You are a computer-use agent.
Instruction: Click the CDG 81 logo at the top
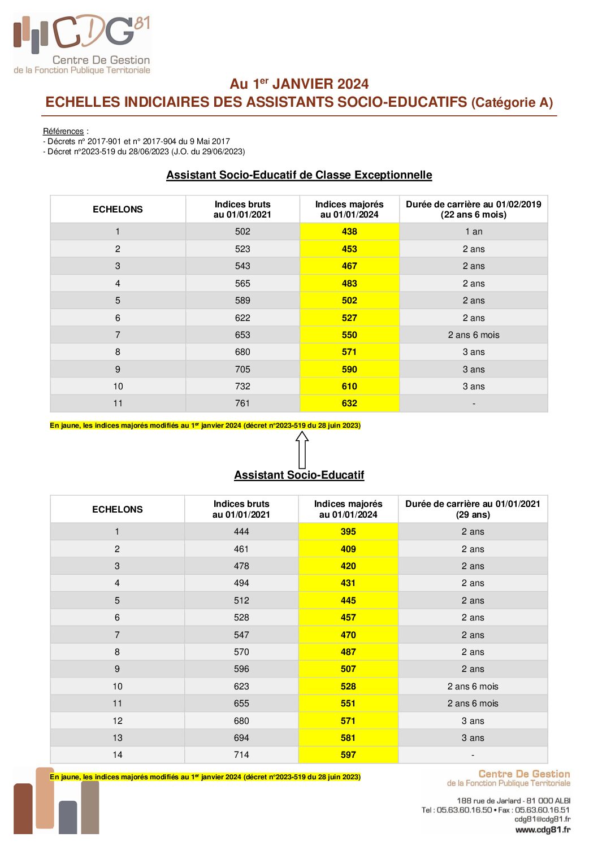click(82, 44)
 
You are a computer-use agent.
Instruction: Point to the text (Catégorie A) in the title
click(512, 102)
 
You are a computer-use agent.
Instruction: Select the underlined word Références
click(63, 131)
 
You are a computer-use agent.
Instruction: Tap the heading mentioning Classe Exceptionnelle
click(299, 175)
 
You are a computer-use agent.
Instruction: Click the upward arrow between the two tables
click(302, 449)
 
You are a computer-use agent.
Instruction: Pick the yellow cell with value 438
click(349, 232)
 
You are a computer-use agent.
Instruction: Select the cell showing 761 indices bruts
click(242, 404)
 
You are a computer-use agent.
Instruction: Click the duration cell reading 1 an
click(474, 232)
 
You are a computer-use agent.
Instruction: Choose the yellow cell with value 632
click(349, 404)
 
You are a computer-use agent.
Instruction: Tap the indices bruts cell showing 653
click(242, 335)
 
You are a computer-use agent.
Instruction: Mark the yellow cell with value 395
click(348, 532)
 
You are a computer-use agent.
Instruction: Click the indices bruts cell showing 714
click(241, 755)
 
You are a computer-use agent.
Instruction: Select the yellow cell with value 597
click(348, 755)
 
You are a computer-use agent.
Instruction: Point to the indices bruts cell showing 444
click(241, 532)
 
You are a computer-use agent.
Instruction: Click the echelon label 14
click(118, 755)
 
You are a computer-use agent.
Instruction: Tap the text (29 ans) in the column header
click(473, 515)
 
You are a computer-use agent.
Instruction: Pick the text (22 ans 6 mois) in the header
click(474, 215)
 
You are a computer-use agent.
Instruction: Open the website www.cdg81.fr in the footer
click(543, 830)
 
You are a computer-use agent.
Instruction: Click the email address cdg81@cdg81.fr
click(542, 819)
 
